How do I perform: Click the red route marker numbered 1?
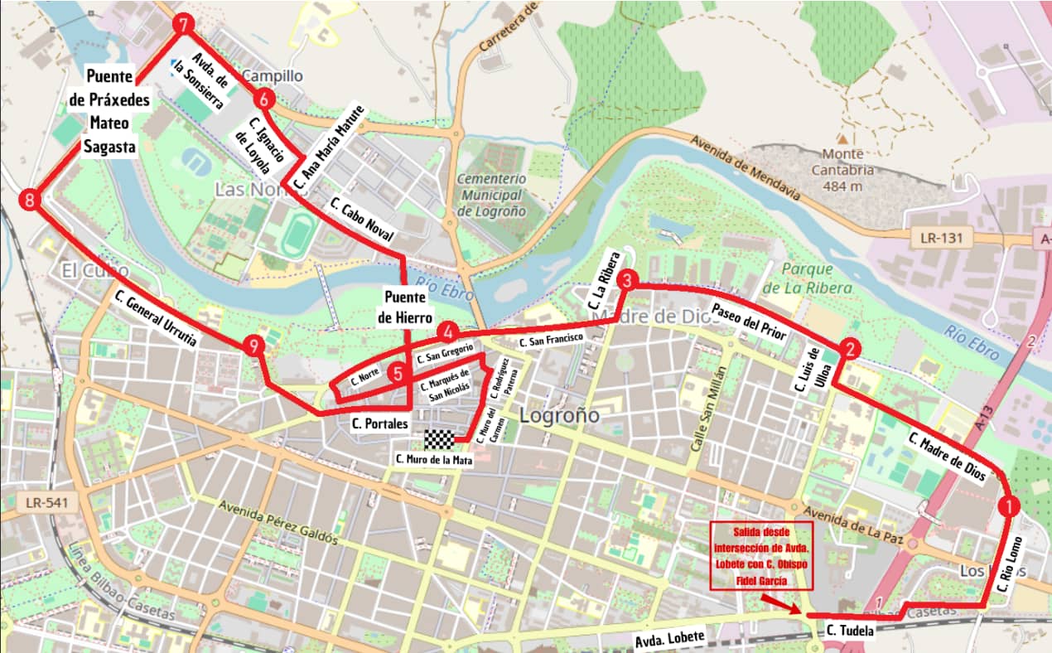pos(1008,505)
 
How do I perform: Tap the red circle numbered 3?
pos(627,280)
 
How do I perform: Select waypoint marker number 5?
pos(398,374)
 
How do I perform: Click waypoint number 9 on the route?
pos(254,347)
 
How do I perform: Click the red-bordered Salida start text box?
pos(761,555)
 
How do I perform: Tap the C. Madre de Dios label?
pos(947,457)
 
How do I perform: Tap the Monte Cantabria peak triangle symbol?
pos(842,138)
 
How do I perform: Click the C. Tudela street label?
pos(849,631)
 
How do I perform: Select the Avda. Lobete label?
pos(669,638)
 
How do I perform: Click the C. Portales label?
pos(379,423)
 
